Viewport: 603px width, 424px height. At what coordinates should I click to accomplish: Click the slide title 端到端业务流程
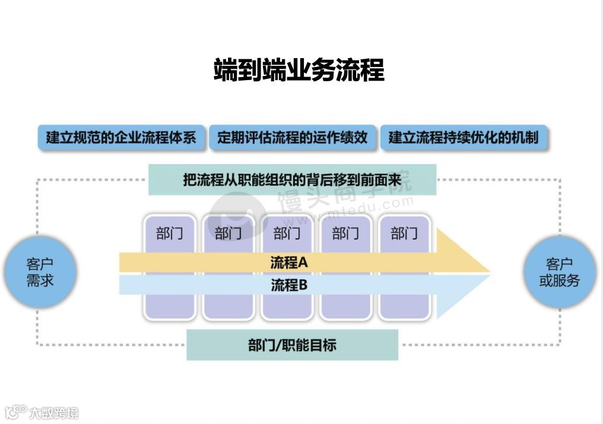pos(299,70)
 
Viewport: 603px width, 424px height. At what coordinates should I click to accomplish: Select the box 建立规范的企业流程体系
pos(121,138)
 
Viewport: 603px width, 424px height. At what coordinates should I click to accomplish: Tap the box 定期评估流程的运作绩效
pos(292,138)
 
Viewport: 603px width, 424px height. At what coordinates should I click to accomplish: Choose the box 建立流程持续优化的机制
pos(464,138)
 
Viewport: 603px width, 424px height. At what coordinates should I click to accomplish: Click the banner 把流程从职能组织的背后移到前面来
pos(292,180)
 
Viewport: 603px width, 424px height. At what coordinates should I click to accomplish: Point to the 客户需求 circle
pos(40,273)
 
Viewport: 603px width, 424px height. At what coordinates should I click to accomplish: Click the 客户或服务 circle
pos(559,273)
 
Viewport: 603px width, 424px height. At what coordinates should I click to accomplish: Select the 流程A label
pos(288,262)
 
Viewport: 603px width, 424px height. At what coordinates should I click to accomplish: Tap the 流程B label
pos(288,285)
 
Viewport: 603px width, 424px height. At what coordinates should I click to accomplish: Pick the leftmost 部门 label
pos(170,234)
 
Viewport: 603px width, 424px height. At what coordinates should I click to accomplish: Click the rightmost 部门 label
pos(404,234)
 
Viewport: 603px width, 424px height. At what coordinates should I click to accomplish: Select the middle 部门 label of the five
pos(287,234)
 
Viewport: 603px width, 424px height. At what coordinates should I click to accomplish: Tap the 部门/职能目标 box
pos(292,345)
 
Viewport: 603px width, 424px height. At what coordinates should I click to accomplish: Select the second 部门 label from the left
pos(228,234)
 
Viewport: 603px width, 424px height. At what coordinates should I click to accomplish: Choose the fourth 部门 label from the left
pos(345,234)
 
